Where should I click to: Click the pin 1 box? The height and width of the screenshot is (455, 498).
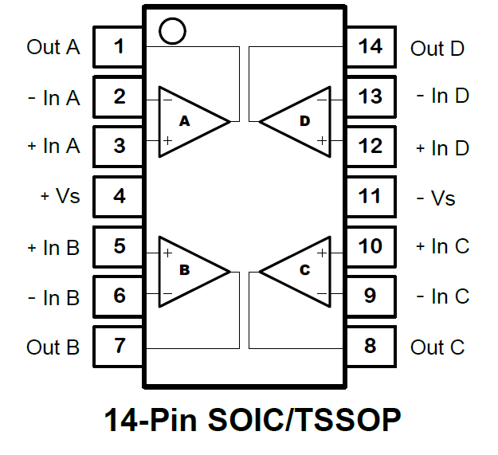click(x=119, y=47)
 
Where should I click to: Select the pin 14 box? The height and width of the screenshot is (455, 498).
click(x=370, y=47)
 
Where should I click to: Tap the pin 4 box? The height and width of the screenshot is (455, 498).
click(x=119, y=196)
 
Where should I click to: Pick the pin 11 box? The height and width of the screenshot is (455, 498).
click(x=370, y=196)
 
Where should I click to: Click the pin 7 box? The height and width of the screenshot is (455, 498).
click(x=119, y=346)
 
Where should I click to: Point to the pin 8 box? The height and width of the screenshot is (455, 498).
click(x=370, y=346)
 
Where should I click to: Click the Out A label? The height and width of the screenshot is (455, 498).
click(x=53, y=47)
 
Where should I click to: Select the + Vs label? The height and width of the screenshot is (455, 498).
click(x=60, y=196)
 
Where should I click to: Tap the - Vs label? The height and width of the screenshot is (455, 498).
click(x=436, y=197)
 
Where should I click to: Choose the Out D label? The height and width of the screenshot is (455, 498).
click(x=437, y=49)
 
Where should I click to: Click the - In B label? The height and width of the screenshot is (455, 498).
click(x=53, y=297)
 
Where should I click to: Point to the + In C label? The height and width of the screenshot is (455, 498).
click(x=442, y=246)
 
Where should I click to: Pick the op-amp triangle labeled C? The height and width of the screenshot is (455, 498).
click(x=299, y=270)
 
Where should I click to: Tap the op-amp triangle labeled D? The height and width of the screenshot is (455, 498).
click(x=299, y=121)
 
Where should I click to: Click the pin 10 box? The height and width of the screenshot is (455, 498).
click(x=370, y=246)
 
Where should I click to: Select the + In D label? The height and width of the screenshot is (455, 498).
click(x=442, y=148)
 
